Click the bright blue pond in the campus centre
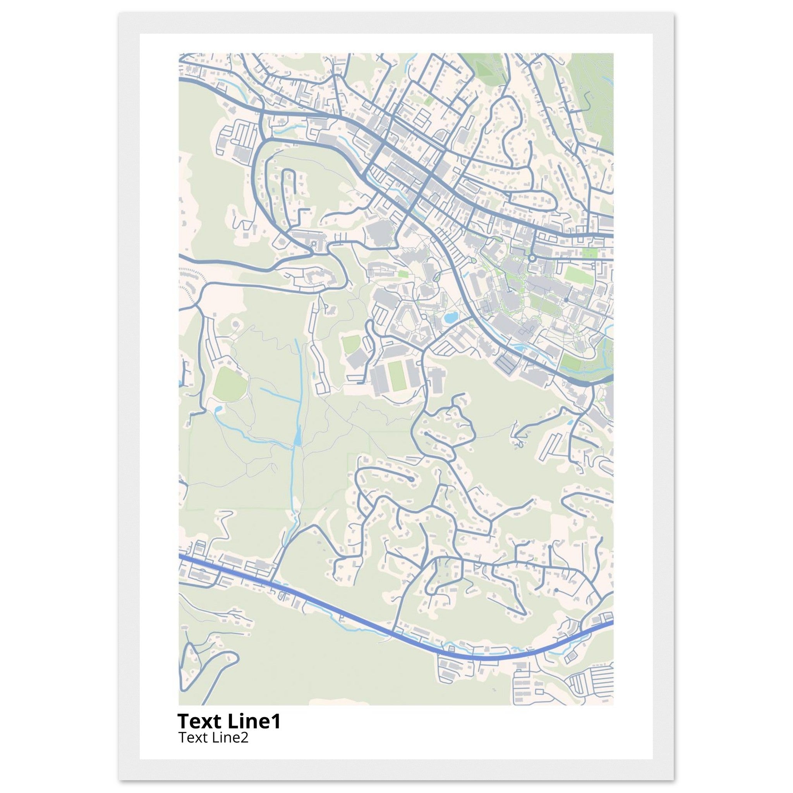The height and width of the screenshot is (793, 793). point(450,317)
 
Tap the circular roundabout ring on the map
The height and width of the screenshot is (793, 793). point(532,258)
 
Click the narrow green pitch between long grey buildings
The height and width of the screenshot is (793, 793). point(396,375)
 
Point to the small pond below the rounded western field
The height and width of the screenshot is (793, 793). point(218,409)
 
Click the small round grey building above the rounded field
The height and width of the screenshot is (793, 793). point(235,324)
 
